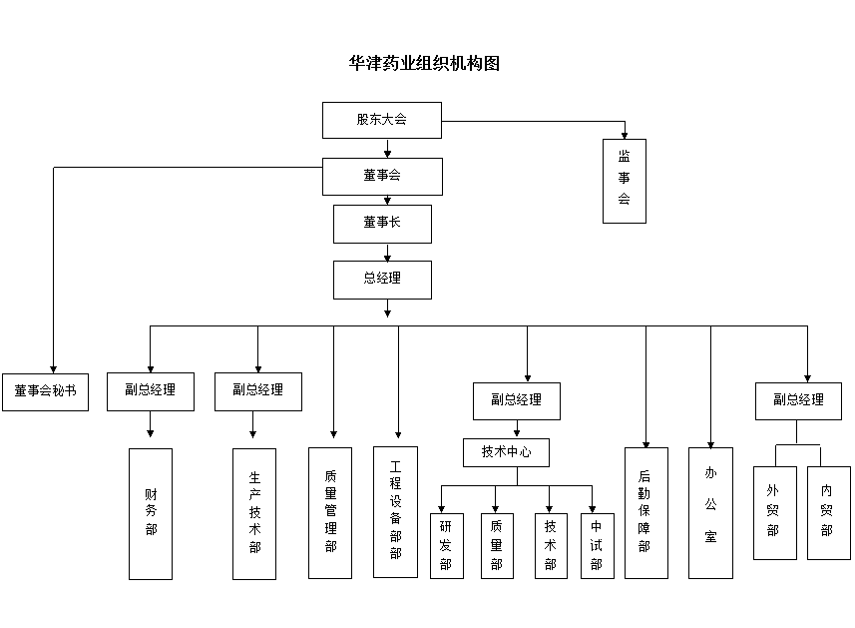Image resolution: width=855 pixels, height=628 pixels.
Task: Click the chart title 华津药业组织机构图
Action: pos(424,63)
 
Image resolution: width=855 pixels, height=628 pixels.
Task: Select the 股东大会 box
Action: pos(382,120)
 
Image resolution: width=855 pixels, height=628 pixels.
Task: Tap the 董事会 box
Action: pos(382,177)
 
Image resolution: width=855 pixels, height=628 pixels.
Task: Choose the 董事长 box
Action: pos(382,224)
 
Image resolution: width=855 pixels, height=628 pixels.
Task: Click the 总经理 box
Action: pos(382,280)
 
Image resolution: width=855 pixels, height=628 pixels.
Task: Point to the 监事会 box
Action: pos(625,181)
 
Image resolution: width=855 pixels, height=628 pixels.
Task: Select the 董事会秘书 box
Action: pos(45,392)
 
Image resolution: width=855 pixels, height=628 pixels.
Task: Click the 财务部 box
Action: pos(151,514)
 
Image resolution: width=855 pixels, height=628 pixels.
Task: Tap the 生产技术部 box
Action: pos(254,514)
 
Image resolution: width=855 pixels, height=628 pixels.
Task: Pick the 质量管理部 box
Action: pos(330,513)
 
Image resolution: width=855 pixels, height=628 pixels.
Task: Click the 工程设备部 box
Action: pos(395,512)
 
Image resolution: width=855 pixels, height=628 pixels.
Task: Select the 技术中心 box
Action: pos(506,452)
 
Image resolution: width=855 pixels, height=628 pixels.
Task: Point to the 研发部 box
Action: pos(447,545)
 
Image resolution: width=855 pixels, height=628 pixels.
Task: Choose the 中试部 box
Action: pos(597,545)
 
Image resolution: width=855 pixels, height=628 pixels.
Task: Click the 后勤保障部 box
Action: pos(646,513)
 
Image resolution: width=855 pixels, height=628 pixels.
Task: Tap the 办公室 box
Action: pos(710,513)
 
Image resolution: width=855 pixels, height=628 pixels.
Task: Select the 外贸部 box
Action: pos(775,513)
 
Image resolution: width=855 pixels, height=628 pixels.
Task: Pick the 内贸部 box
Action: pos(829,513)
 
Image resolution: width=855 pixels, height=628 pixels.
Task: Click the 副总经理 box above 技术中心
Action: pos(517,401)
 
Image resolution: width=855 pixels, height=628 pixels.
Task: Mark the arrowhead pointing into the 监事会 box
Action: pos(625,136)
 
